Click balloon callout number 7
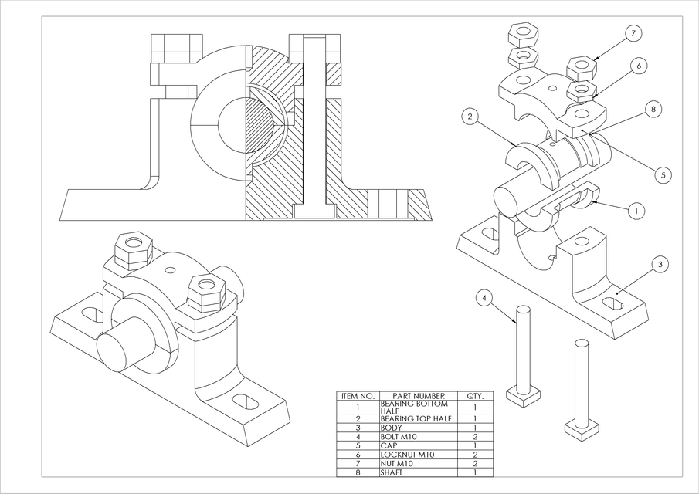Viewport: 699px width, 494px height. click(x=633, y=33)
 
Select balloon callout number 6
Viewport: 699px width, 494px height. click(x=639, y=66)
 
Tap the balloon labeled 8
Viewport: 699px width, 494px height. click(x=653, y=110)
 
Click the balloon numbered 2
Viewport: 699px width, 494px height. click(x=470, y=117)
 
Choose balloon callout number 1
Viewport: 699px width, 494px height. click(x=635, y=210)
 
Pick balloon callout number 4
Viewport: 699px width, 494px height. click(x=484, y=297)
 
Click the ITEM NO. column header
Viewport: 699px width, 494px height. click(x=358, y=396)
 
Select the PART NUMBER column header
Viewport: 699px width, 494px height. click(x=418, y=396)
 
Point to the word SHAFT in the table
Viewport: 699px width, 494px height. click(x=392, y=472)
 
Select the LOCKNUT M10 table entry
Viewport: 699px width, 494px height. click(x=407, y=455)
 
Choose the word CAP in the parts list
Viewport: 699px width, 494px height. click(x=389, y=445)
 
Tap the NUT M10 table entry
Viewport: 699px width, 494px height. click(x=397, y=463)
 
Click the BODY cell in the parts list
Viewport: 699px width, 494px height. click(x=390, y=427)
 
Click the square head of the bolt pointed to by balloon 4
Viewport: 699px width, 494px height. click(x=523, y=394)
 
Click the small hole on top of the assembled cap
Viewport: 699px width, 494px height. click(x=168, y=271)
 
